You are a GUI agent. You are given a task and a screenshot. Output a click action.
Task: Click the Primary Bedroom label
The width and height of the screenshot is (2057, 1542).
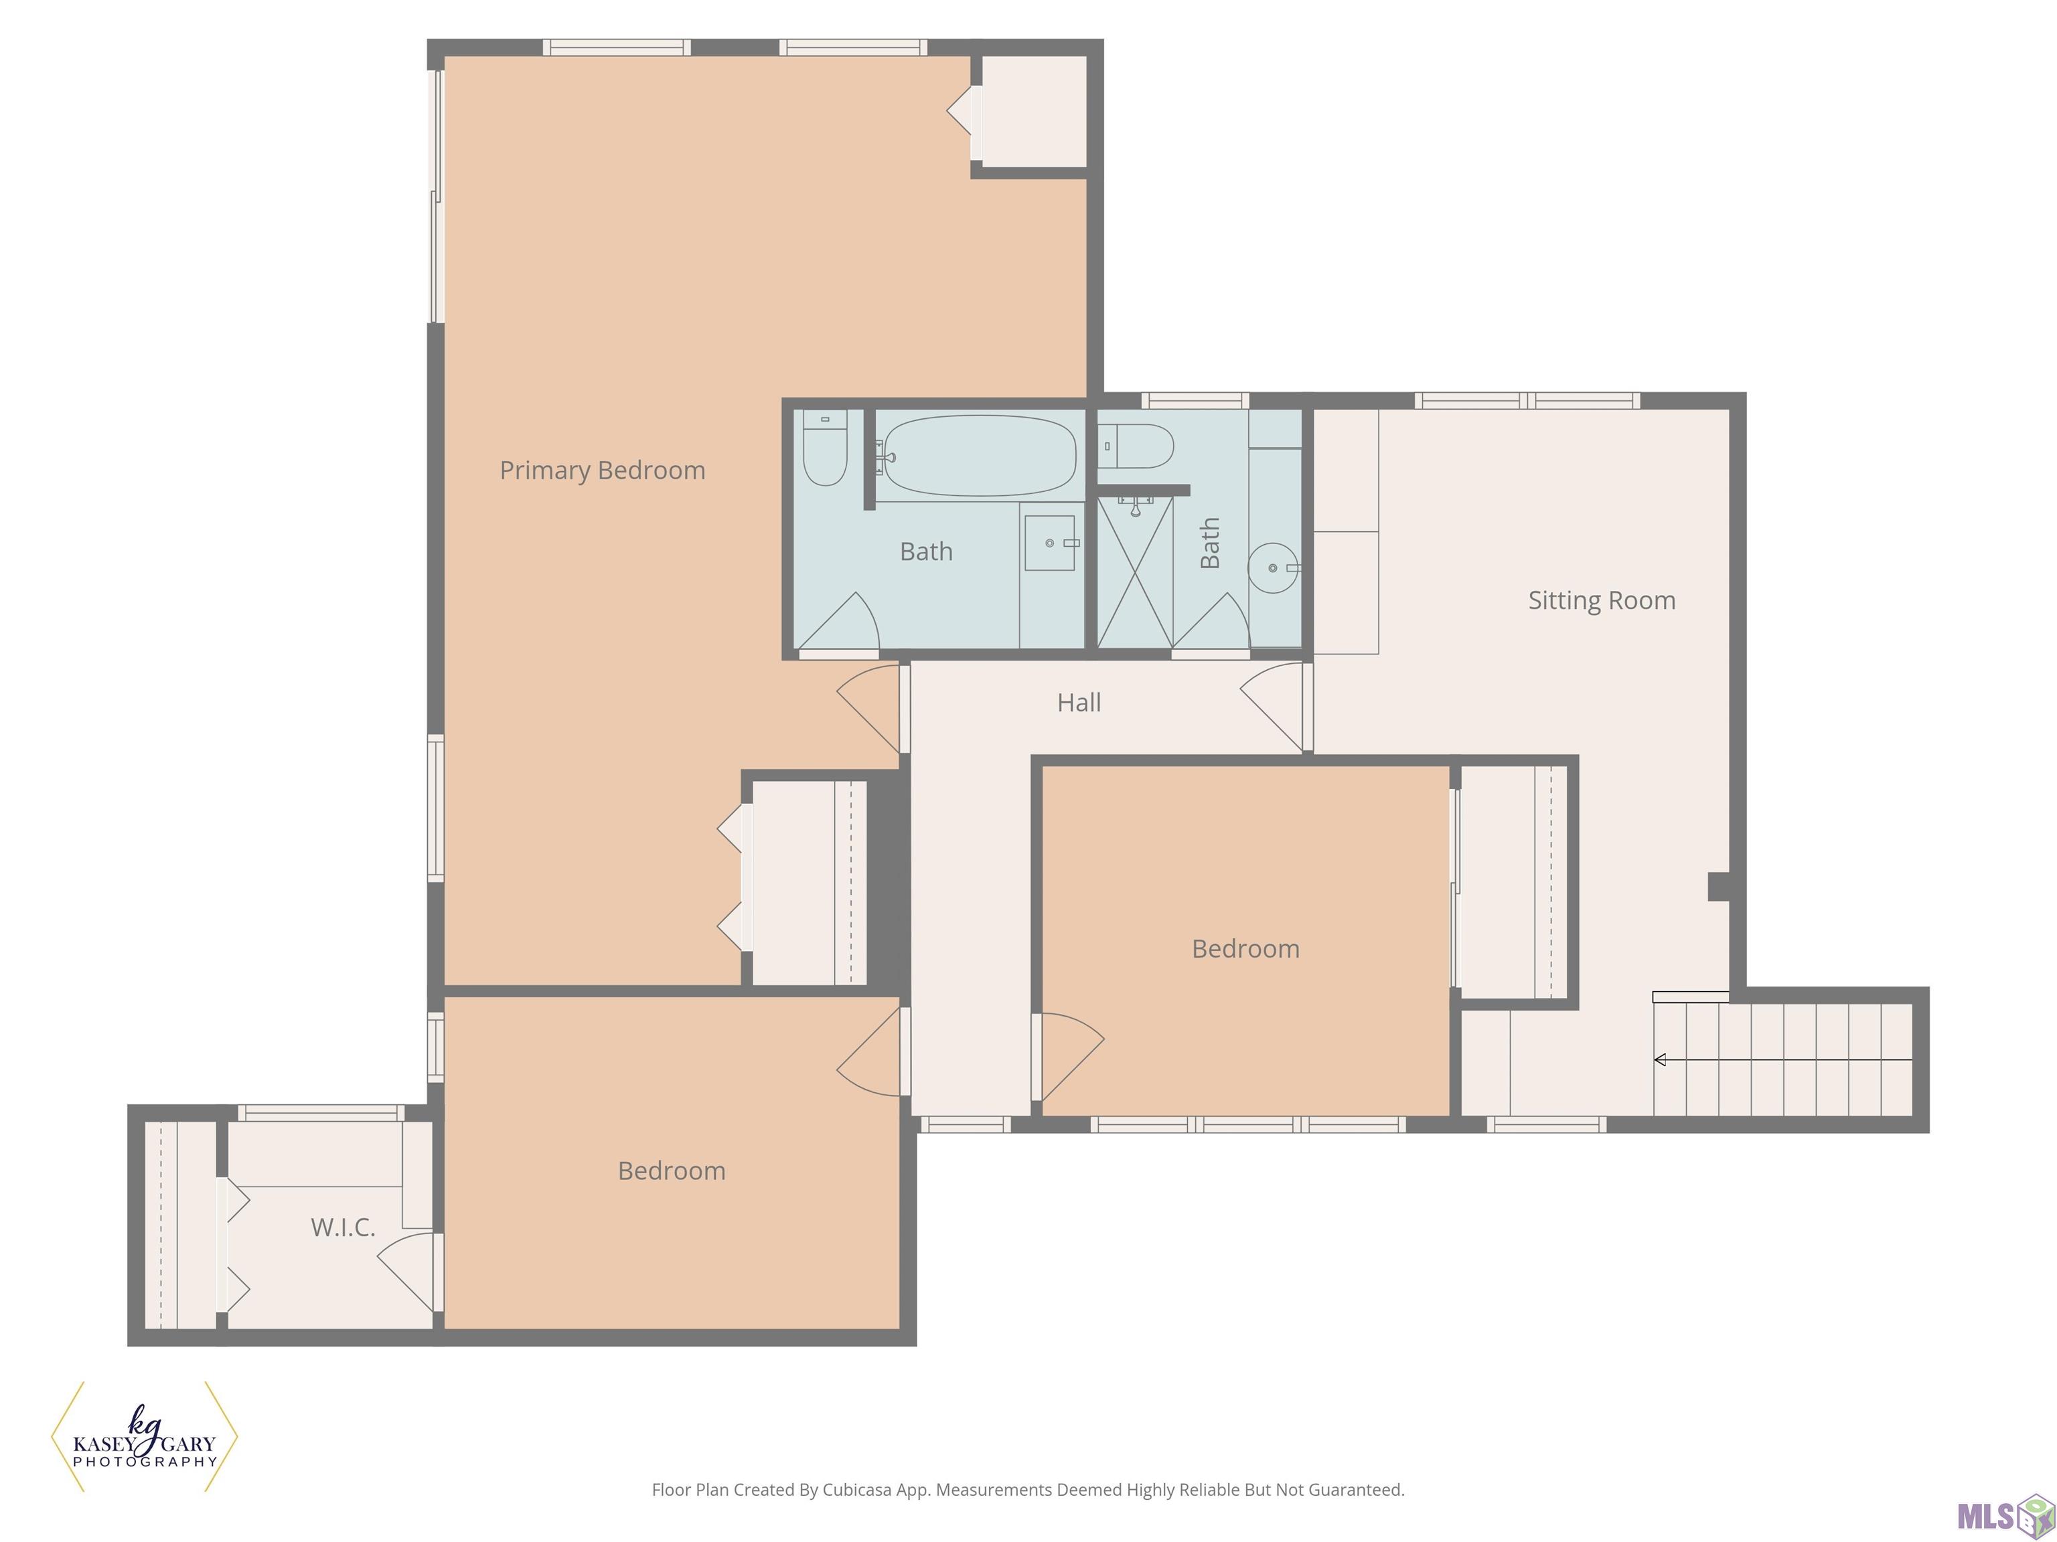tap(603, 470)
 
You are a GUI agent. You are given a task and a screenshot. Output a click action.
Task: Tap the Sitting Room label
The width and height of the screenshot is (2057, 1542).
tap(1601, 600)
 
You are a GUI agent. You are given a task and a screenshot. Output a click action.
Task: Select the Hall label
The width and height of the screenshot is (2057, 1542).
tap(1079, 703)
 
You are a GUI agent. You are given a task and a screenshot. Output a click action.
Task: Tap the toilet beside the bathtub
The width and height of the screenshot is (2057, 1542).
tap(825, 448)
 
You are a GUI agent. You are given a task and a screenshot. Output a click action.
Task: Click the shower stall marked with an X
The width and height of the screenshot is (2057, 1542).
tap(1134, 572)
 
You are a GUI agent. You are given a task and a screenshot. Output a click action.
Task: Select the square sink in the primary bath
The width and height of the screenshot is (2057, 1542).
tap(1050, 543)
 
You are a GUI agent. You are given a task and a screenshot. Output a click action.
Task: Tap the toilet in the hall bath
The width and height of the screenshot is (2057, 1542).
tap(1136, 446)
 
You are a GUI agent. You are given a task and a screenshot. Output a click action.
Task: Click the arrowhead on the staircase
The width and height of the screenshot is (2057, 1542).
tap(1660, 1059)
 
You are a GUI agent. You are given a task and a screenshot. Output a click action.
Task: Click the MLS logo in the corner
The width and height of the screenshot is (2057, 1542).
tap(2006, 1516)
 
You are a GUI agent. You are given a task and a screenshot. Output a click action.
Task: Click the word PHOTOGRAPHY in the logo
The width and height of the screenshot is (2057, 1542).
tap(145, 1462)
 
